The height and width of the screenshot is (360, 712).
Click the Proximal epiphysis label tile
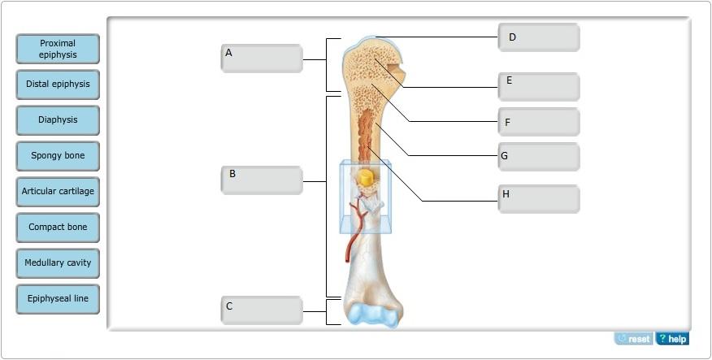(x=58, y=49)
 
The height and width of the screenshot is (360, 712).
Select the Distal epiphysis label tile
(x=58, y=85)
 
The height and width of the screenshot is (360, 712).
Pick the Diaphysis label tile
(x=58, y=120)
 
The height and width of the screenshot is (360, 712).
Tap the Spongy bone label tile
(x=58, y=156)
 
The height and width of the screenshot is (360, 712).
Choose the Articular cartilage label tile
(x=58, y=192)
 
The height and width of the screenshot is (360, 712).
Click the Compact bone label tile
(x=58, y=228)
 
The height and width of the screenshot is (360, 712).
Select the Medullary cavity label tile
(x=58, y=263)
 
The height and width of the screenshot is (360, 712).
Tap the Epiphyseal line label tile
(x=58, y=299)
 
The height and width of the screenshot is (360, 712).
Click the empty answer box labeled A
(x=262, y=59)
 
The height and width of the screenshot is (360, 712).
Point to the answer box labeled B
(x=262, y=180)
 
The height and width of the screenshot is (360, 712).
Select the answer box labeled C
(x=262, y=310)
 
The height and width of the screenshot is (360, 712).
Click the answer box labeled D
(x=539, y=37)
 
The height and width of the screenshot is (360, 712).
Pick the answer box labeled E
(x=539, y=86)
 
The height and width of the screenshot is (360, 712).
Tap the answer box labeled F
(x=539, y=122)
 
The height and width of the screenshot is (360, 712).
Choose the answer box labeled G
(x=539, y=157)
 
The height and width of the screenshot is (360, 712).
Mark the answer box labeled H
(x=539, y=198)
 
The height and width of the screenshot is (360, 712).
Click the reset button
(x=634, y=339)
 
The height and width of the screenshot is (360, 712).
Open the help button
(x=672, y=339)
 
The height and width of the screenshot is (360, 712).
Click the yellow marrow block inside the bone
(x=366, y=177)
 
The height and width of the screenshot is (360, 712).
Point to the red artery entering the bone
(x=351, y=236)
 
